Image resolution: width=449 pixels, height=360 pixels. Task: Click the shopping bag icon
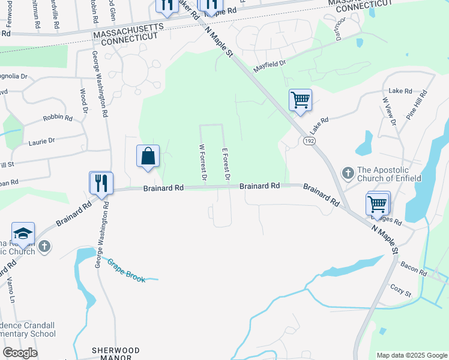(x=148, y=157)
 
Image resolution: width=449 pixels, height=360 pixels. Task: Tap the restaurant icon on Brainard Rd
(x=101, y=182)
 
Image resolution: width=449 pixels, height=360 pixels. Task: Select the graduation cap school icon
(x=23, y=234)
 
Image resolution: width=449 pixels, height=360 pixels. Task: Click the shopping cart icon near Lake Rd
(x=300, y=100)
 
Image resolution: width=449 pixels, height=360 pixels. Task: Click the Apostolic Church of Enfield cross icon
(x=348, y=173)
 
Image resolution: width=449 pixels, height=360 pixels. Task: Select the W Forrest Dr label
(x=203, y=163)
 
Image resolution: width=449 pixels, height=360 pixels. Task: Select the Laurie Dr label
(x=41, y=142)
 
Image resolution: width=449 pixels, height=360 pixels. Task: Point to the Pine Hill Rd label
(x=415, y=105)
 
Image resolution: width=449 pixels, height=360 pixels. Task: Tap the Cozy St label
(x=400, y=291)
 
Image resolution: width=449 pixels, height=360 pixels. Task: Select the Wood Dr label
(x=83, y=103)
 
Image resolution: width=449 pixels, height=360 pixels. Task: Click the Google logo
(x=20, y=353)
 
